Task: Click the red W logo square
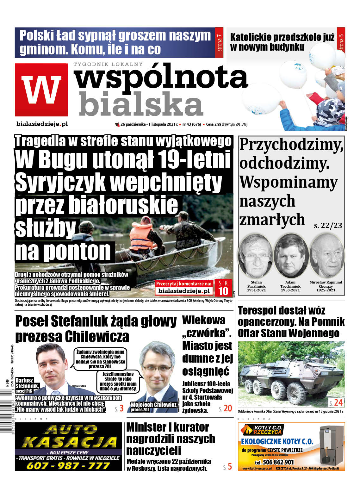41,90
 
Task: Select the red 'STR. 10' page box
223,288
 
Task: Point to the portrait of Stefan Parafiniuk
256,255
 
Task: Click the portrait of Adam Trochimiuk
291,255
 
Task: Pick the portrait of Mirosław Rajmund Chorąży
326,255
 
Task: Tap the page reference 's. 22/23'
328,226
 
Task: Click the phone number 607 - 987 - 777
68,465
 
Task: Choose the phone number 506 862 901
274,462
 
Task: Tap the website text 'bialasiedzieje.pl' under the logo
42,124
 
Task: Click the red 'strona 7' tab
219,43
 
